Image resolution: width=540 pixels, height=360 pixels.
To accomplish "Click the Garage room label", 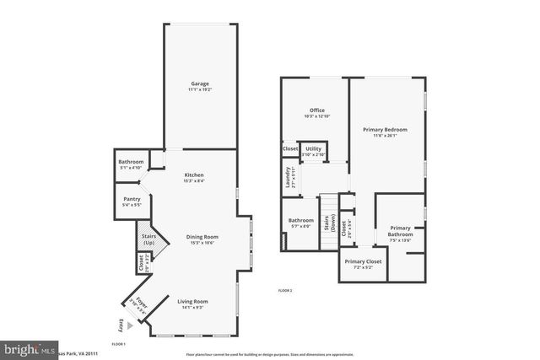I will (200, 83).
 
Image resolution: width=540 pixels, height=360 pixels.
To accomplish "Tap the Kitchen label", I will (195, 175).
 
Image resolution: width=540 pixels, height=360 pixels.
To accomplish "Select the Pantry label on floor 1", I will (131, 199).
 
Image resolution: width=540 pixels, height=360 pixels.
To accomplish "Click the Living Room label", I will (192, 301).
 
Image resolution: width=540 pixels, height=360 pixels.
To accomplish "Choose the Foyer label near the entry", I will (138, 303).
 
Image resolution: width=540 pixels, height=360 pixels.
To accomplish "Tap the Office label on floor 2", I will (317, 110).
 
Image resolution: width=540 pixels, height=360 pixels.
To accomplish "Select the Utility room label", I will (313, 148).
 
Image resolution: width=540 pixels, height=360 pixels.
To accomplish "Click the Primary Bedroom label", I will (385, 130).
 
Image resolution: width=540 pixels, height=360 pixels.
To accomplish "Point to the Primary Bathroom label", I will (400, 230).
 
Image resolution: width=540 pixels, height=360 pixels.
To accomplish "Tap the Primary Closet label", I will (363, 261).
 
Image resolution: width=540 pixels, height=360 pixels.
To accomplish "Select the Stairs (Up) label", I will (148, 239).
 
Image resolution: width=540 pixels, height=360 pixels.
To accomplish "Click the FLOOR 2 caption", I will (285, 290).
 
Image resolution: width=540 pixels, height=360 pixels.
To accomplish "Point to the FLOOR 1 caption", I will (118, 344).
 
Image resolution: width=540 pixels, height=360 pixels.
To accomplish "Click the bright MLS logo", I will (24, 347).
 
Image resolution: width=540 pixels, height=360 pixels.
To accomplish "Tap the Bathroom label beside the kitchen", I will (131, 161).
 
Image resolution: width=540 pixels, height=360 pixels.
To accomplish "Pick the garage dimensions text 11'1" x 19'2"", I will (200, 89).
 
